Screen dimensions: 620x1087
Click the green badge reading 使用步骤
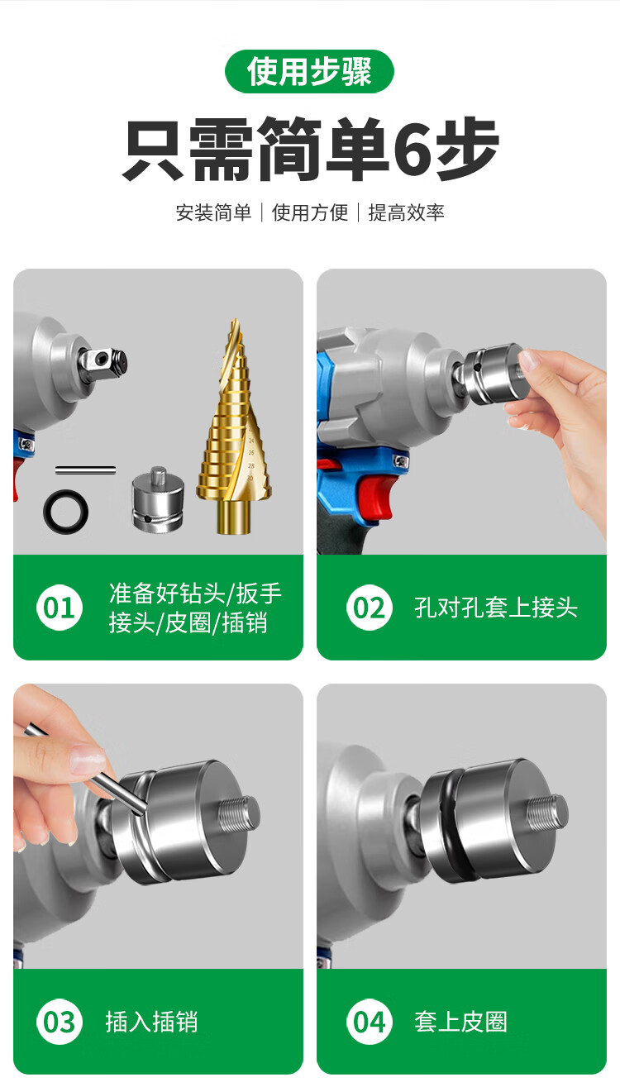pyautogui.click(x=309, y=71)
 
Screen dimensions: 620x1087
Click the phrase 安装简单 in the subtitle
pyautogui.click(x=213, y=212)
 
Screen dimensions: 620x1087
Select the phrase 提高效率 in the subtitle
pyautogui.click(x=406, y=212)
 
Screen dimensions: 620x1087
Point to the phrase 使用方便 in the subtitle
pyautogui.click(x=310, y=212)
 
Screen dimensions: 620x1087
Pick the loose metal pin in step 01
pyautogui.click(x=85, y=470)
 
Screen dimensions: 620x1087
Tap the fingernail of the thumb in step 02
pyautogui.click(x=529, y=360)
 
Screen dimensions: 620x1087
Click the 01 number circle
pyautogui.click(x=60, y=608)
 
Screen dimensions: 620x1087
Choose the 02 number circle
pyautogui.click(x=370, y=608)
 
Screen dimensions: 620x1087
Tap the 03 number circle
pyautogui.click(x=60, y=1022)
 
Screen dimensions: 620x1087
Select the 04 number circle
pyautogui.click(x=370, y=1022)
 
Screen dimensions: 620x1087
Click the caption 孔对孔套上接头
pyautogui.click(x=496, y=608)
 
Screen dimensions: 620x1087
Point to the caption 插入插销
pyautogui.click(x=152, y=1022)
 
